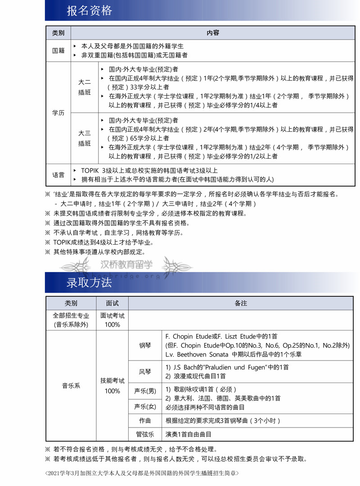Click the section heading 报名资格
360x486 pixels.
coord(90,11)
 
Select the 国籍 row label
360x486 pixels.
coord(58,51)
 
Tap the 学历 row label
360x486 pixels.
coord(58,113)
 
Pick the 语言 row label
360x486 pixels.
coord(58,175)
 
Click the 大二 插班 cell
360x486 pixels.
coord(85,87)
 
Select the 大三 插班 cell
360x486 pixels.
coord(85,138)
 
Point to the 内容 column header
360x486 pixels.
coord(213,33)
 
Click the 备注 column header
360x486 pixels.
coord(241,303)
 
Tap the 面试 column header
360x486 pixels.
coord(112,303)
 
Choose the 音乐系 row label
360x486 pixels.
coord(71,386)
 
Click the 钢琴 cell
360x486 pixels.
coord(145,345)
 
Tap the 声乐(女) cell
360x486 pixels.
coord(145,406)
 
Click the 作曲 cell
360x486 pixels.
coord(145,421)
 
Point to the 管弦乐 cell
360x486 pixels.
coord(145,435)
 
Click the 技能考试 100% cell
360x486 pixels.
coord(112,386)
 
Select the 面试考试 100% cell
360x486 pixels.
coord(112,320)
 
